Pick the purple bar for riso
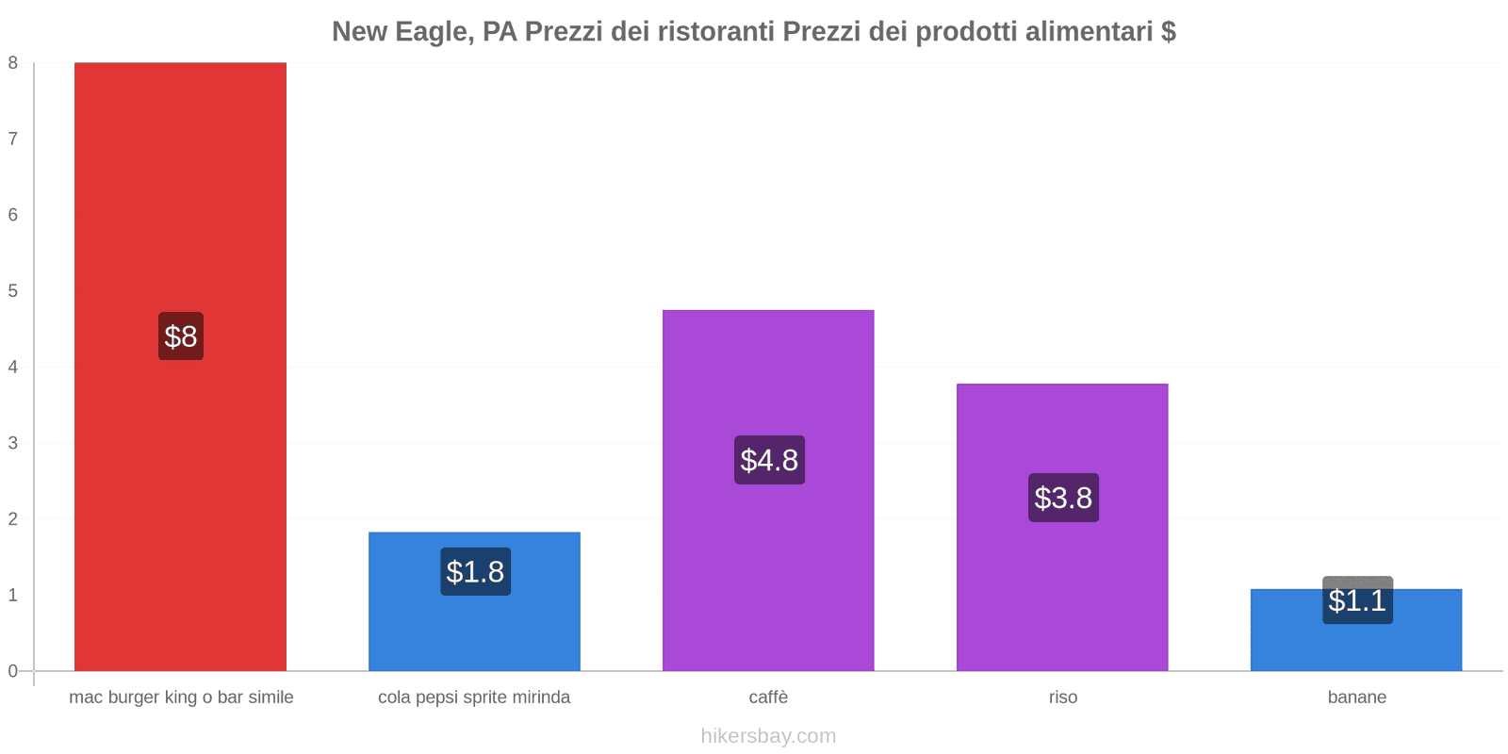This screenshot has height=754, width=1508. (x=1062, y=584)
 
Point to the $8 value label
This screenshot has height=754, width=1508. (x=180, y=336)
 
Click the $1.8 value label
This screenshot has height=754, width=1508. (x=475, y=572)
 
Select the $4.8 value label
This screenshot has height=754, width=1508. (x=769, y=460)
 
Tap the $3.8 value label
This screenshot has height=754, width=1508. (x=1063, y=498)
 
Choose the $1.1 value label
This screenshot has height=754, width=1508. (x=1357, y=600)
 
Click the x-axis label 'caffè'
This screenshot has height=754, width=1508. (x=768, y=697)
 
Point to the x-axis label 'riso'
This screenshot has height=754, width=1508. (x=1062, y=697)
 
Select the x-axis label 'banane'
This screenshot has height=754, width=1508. (x=1356, y=697)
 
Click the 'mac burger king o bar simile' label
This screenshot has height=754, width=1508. (x=181, y=697)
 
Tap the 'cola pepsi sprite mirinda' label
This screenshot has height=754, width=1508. (x=474, y=697)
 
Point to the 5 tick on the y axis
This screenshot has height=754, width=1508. (x=13, y=291)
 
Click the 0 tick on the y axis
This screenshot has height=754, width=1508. (x=13, y=671)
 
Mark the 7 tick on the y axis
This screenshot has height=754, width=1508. (x=13, y=139)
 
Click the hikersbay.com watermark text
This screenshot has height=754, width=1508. (x=768, y=736)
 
